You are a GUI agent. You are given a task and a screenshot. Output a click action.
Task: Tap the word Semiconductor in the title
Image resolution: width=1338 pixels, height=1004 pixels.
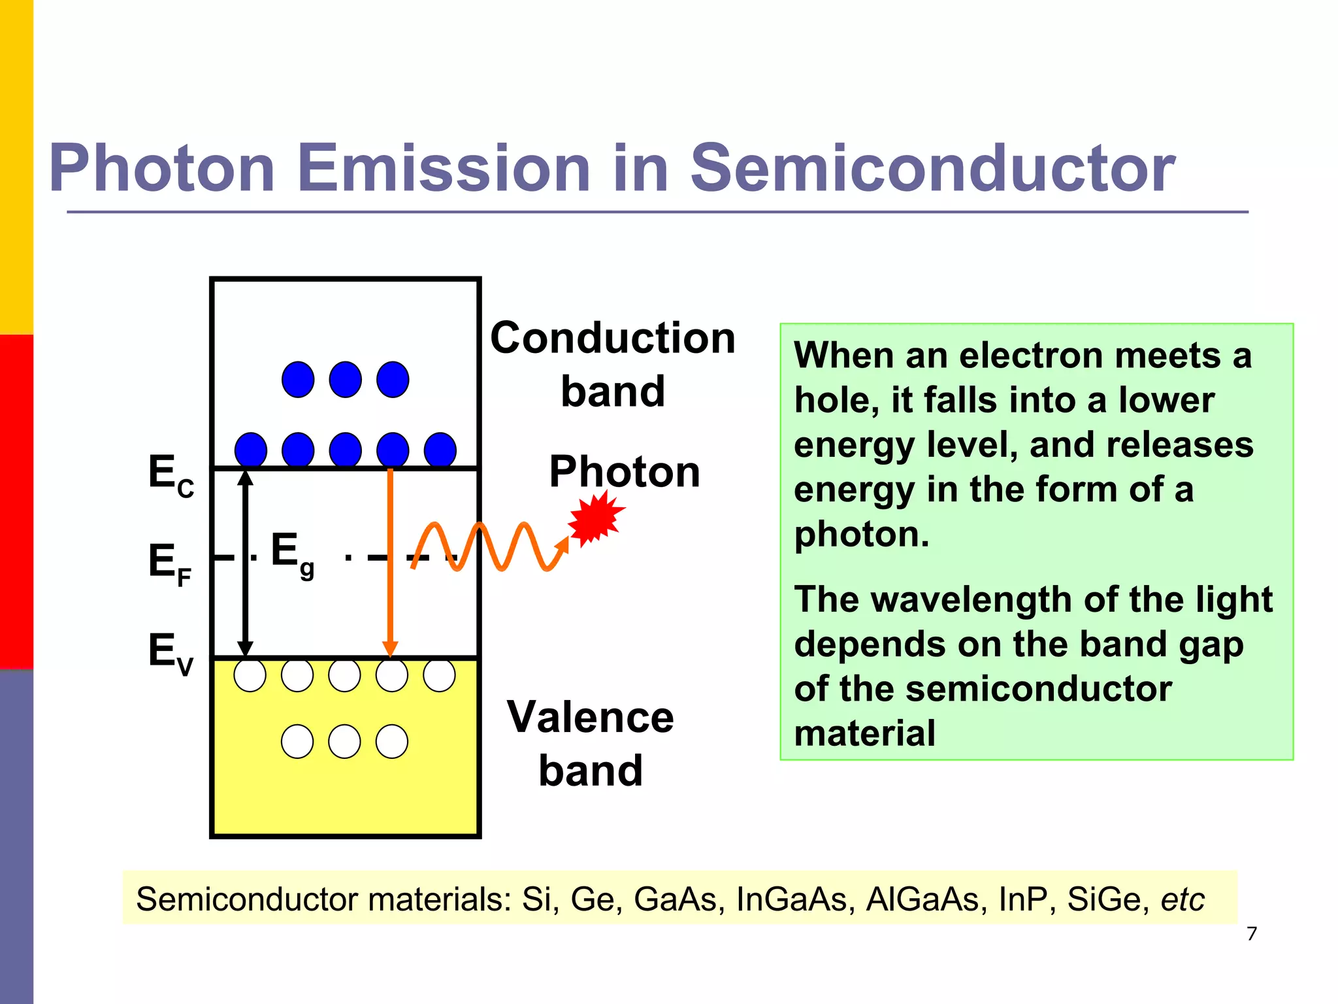[932, 169]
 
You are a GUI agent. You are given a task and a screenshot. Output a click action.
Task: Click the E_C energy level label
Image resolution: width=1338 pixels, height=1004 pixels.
[171, 475]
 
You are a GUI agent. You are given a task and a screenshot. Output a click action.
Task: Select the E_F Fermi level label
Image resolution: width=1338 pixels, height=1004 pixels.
[169, 563]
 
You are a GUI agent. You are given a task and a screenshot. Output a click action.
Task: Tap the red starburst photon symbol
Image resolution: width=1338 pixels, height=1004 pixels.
[595, 518]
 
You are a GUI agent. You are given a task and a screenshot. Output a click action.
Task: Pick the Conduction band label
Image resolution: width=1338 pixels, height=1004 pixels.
[612, 364]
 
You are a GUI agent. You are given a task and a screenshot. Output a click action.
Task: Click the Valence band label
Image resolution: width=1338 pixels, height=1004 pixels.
[590, 743]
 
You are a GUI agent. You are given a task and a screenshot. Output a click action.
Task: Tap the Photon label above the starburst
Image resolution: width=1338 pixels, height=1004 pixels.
[624, 471]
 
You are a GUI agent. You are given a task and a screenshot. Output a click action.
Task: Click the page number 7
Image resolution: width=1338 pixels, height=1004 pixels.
[1251, 933]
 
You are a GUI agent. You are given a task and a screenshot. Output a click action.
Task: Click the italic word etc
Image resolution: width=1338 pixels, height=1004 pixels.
[1182, 899]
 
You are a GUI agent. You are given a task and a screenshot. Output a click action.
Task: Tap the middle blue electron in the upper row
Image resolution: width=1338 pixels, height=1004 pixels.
[345, 380]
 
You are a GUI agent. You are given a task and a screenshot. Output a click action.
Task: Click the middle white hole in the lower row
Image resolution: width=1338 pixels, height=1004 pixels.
[344, 742]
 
